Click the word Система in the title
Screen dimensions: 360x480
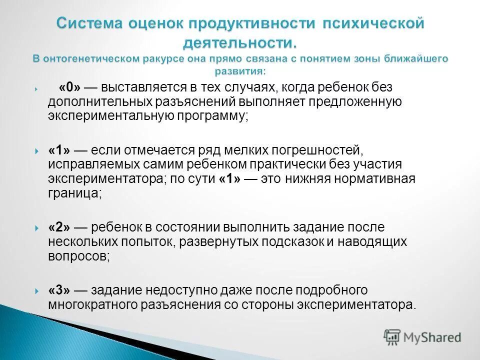click(x=91, y=23)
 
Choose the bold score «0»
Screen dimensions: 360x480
click(x=70, y=87)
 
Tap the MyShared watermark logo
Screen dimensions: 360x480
click(x=422, y=336)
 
